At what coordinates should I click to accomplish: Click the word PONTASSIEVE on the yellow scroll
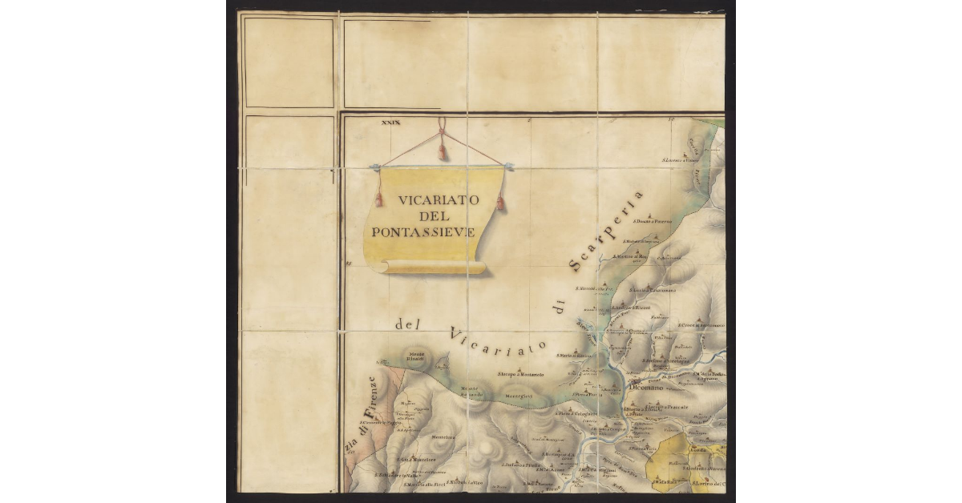[423, 232]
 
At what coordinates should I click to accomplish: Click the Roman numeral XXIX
[390, 123]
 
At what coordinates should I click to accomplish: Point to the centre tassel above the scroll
[440, 150]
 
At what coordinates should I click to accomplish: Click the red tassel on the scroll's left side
[378, 199]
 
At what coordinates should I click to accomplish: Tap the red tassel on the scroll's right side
[500, 202]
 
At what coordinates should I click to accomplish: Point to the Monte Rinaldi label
[417, 357]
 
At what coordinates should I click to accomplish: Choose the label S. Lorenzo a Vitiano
[680, 160]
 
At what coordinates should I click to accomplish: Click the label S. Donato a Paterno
[652, 222]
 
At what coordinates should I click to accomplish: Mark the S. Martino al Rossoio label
[629, 256]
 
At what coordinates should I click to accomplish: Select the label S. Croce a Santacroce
[701, 326]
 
